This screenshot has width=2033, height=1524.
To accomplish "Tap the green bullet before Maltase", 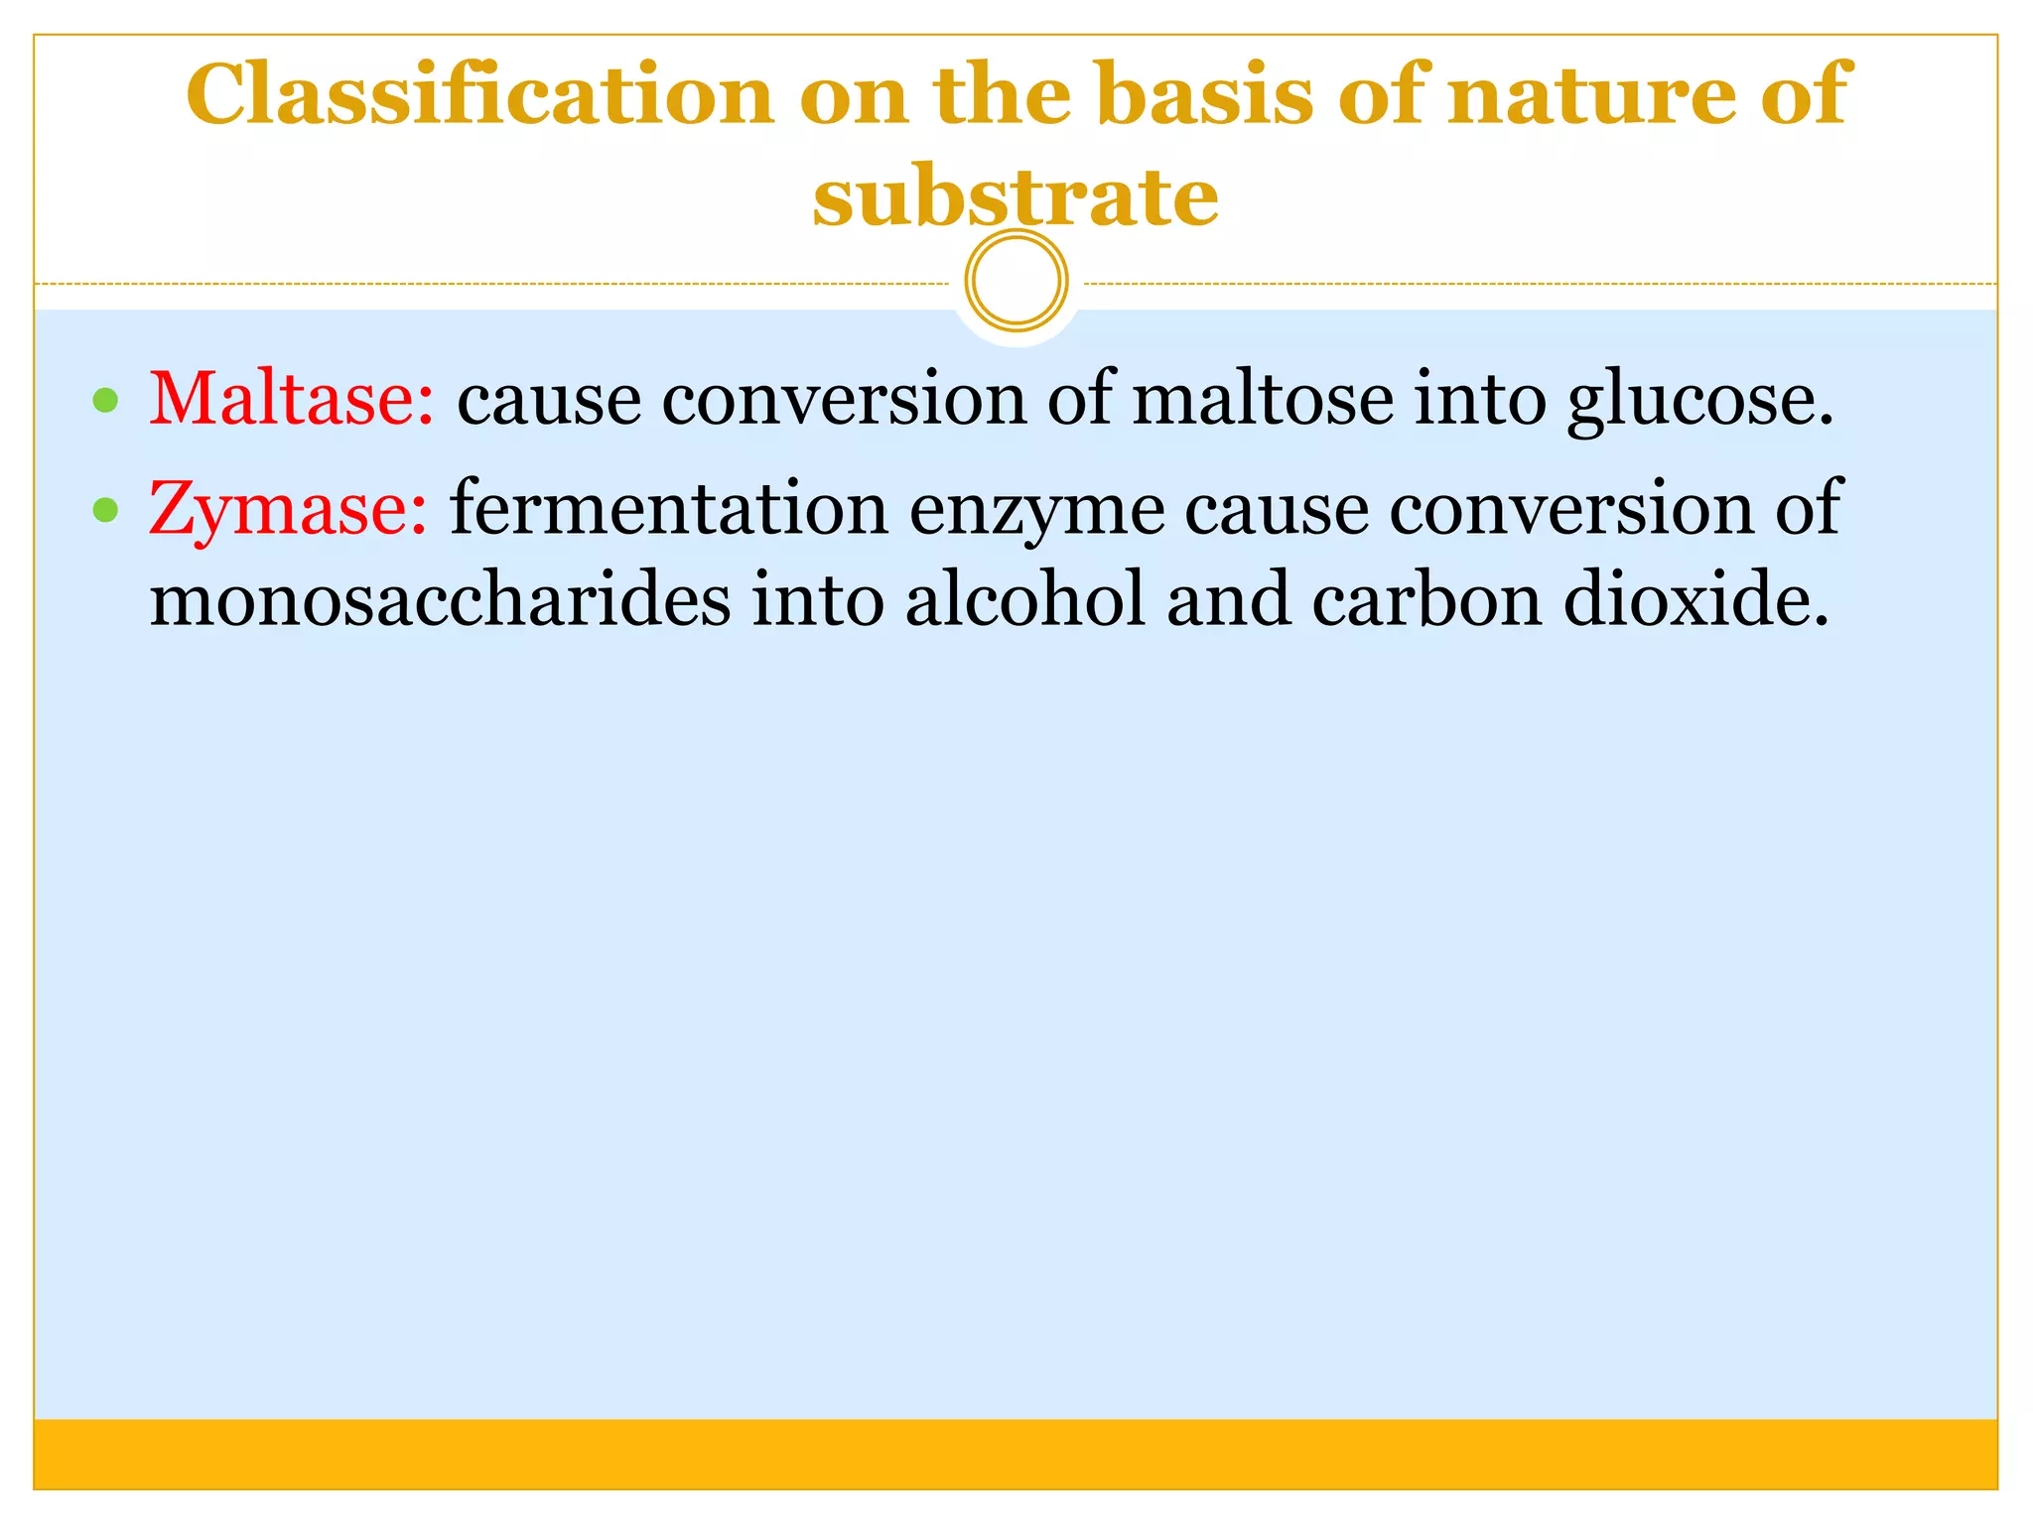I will click(104, 401).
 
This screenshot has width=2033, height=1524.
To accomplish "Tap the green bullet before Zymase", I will click(104, 510).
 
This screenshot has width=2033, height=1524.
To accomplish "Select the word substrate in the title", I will click(1016, 195).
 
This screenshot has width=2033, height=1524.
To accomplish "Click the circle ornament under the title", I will click(1016, 281).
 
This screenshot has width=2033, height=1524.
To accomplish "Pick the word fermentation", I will click(669, 509).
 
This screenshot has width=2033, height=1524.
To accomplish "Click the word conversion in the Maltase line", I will click(844, 401).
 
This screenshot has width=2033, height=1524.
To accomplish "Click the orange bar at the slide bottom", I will click(1016, 1454).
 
